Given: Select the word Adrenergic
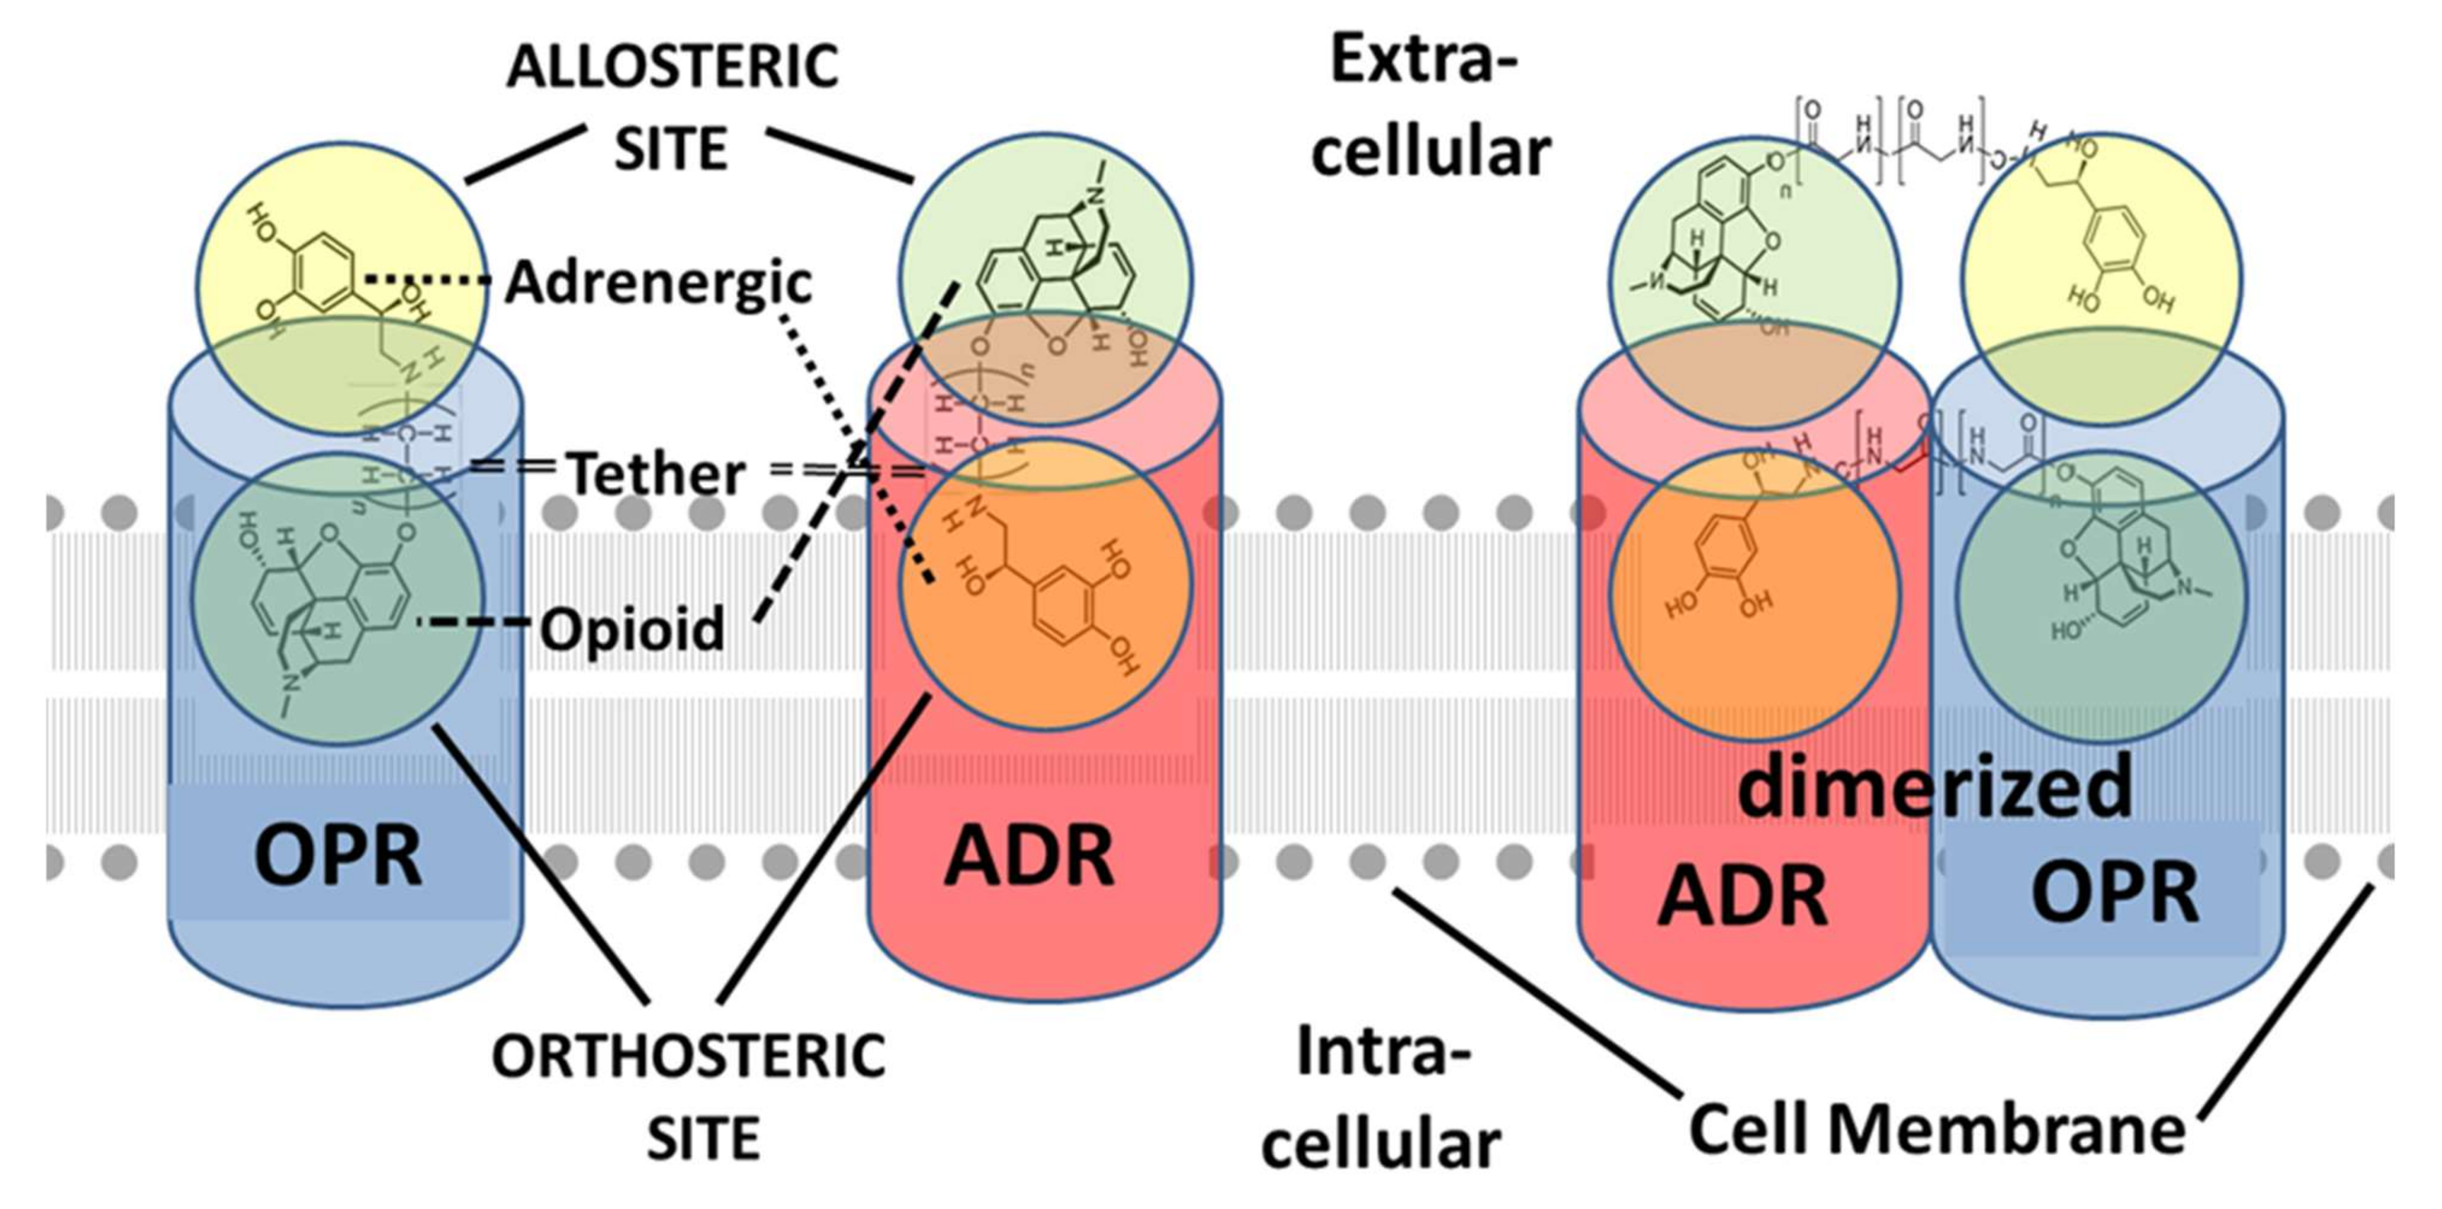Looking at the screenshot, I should click(659, 283).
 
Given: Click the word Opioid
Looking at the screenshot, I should click(632, 629).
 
